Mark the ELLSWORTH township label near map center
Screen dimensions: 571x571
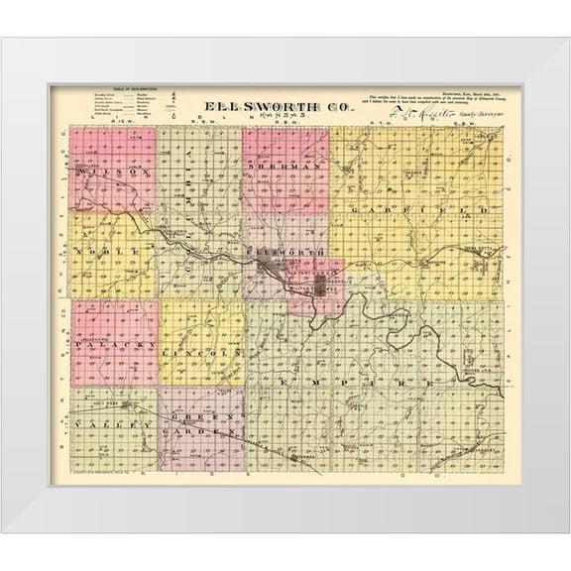pos(292,254)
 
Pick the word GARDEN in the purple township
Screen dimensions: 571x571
pos(215,432)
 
